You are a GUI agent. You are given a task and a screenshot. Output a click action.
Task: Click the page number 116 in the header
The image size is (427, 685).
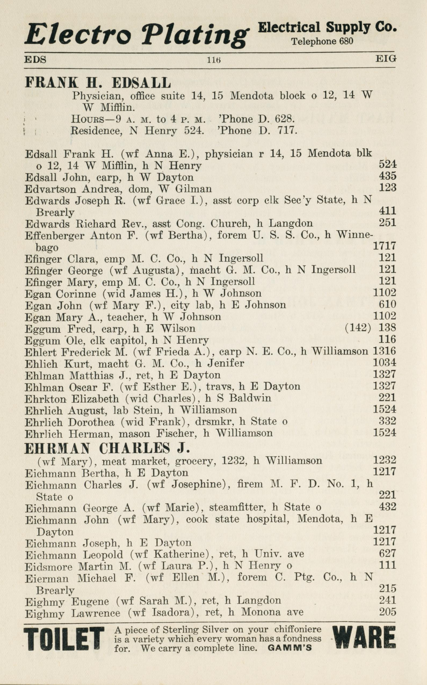[213, 60]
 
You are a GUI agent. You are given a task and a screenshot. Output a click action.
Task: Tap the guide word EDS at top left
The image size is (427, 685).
[35, 60]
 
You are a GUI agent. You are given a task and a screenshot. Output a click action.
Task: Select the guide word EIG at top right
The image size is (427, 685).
[385, 59]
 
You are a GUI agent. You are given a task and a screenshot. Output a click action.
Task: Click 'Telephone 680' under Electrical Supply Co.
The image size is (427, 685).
[322, 42]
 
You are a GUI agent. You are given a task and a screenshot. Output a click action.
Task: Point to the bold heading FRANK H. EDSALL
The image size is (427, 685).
[98, 83]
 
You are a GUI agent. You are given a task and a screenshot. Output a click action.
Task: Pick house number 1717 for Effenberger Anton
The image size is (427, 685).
[384, 246]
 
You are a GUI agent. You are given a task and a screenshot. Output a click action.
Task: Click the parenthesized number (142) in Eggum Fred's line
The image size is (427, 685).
[358, 328]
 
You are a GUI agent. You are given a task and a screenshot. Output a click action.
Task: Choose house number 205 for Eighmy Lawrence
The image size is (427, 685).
[388, 612]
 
